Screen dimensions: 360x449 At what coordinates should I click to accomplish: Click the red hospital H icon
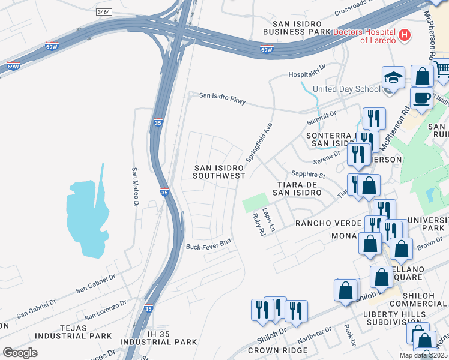coord(405,35)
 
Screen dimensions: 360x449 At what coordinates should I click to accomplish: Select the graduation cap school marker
coord(393,77)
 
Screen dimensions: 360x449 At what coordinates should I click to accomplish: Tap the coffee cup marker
coord(421,98)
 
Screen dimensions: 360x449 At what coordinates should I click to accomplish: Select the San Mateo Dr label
coord(135,187)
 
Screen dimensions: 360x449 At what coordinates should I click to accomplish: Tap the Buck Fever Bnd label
coord(208,247)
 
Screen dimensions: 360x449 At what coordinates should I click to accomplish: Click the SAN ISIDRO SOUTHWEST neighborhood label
coord(219,172)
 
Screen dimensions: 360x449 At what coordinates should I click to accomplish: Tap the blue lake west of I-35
coord(87,213)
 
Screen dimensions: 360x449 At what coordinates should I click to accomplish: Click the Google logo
coord(20,352)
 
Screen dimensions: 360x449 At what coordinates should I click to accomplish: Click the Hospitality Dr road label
coord(306,74)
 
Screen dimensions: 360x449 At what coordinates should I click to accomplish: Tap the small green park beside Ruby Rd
coord(254,203)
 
